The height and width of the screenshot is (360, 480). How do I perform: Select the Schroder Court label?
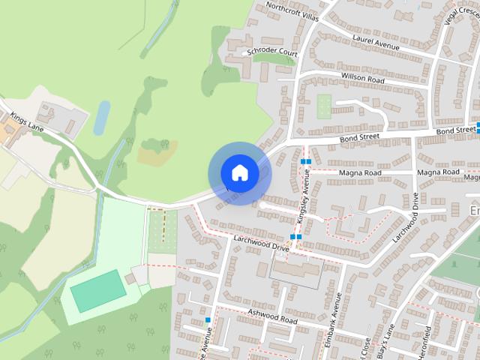tap(272, 53)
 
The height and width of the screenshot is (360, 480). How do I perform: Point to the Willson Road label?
tap(362, 78)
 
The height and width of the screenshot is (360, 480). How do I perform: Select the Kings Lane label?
tap(28, 124)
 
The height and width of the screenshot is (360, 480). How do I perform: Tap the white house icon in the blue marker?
tap(239, 173)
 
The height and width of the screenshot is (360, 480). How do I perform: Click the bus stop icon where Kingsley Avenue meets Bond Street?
tap(304, 161)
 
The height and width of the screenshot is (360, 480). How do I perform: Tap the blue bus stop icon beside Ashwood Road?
tap(208, 320)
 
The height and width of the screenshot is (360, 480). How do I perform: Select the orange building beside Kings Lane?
tap(10, 133)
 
